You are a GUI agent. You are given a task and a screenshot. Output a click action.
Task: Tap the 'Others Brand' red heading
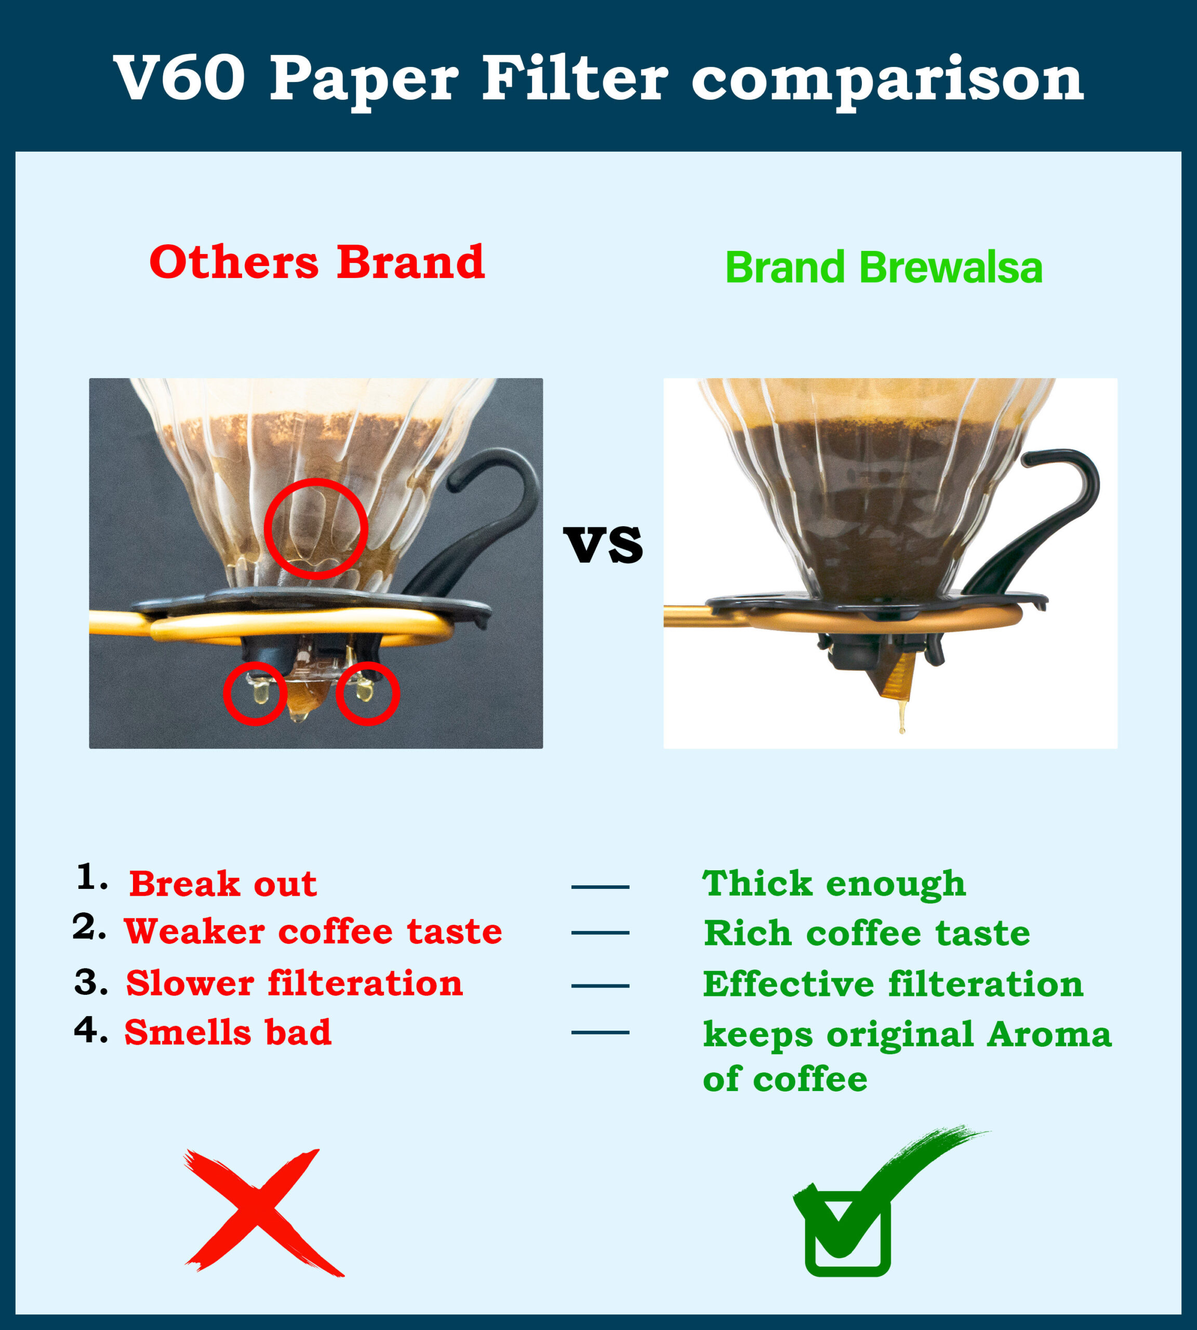(x=317, y=262)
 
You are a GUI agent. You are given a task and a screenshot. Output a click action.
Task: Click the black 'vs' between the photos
(x=603, y=544)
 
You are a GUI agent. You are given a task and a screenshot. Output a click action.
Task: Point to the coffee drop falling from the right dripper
(x=902, y=719)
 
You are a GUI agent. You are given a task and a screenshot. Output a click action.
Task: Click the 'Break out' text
(x=223, y=883)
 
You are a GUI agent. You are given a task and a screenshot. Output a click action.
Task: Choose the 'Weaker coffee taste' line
(x=313, y=932)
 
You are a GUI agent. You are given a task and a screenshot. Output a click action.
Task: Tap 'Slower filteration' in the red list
(x=295, y=983)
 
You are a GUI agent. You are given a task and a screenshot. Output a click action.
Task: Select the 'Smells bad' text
(x=228, y=1032)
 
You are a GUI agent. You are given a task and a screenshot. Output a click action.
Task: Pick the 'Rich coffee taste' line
(x=867, y=933)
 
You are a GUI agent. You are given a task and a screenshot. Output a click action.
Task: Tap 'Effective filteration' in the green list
(x=893, y=985)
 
